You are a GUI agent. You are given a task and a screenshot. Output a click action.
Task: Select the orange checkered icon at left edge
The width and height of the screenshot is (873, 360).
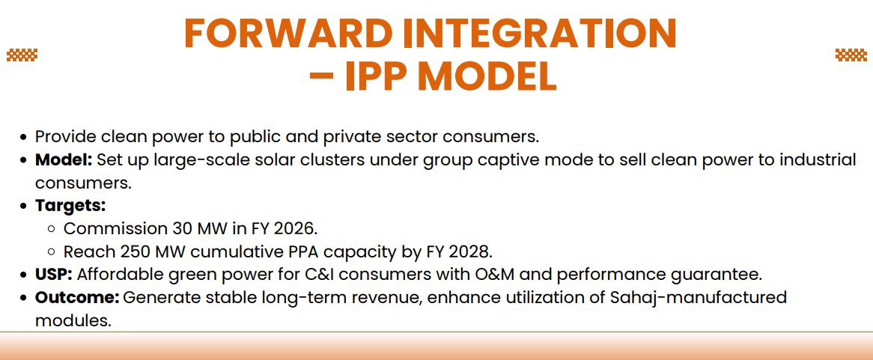(22, 54)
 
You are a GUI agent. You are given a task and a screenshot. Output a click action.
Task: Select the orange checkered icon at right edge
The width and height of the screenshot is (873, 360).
(851, 54)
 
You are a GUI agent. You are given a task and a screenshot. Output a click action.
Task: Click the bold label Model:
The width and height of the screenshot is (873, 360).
(64, 160)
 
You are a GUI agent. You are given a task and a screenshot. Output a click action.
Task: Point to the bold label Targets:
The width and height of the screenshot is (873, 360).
(70, 205)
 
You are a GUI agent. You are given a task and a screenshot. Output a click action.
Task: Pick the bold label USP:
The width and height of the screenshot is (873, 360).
(54, 274)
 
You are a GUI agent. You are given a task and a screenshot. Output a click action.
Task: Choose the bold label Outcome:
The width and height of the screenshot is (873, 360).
(77, 297)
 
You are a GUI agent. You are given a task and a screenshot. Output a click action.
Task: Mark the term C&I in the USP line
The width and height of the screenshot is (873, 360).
(347, 274)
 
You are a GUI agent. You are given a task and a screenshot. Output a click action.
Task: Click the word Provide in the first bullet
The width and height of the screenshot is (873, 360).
(63, 137)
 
